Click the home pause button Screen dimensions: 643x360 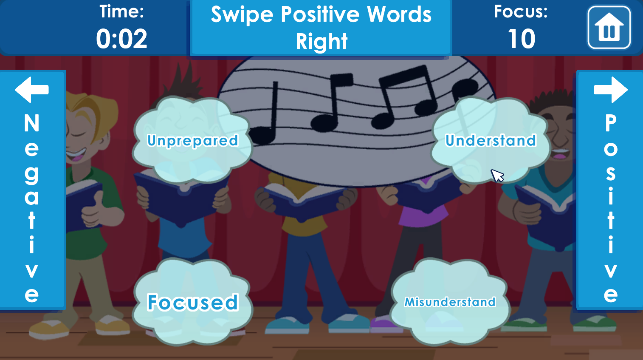609,28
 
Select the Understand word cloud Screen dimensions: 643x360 491,140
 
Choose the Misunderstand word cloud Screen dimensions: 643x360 450,302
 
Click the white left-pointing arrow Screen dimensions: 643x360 32,90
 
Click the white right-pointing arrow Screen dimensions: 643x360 611,90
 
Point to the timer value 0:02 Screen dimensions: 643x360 122,39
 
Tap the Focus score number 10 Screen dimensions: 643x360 521,39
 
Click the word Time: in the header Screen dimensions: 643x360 122,12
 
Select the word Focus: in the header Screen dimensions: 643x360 521,12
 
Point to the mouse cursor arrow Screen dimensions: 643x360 497,176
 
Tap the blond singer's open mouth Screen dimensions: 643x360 76,154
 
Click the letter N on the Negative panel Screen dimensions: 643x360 31,123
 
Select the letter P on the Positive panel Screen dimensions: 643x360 611,123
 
